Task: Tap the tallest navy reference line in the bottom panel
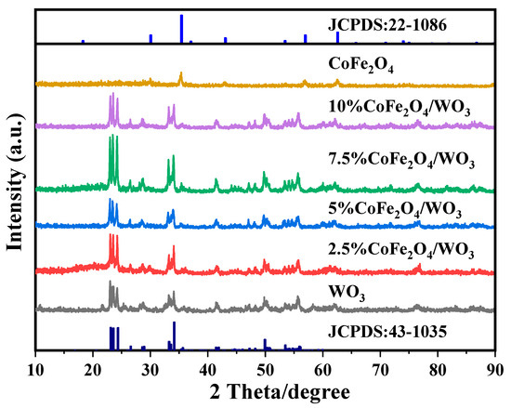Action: (174, 336)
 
